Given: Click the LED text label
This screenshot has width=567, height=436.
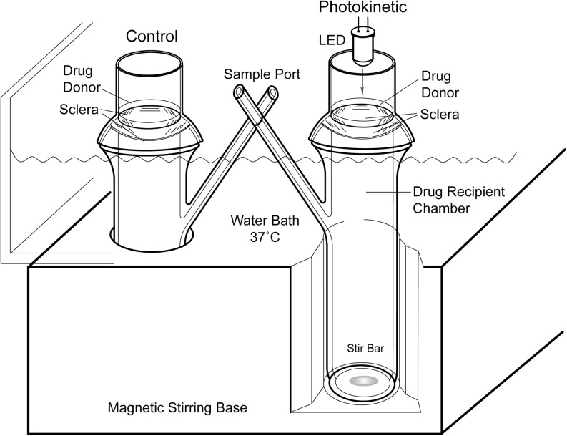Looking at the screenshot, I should (x=331, y=40).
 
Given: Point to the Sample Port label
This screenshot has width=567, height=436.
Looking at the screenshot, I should (x=254, y=74).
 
